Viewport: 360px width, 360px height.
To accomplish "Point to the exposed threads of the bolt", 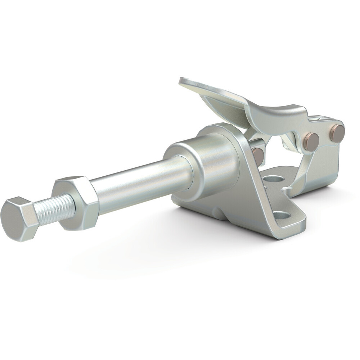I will coord(54,208).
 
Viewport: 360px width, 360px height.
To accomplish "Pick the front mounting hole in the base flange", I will coord(281,216).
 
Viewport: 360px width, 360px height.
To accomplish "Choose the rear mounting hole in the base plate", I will coord(273,179).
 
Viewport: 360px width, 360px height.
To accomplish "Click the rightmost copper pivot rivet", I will coord(337,134).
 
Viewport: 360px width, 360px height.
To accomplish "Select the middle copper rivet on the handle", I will coord(311,142).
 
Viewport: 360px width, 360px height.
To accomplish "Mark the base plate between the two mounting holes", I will coord(277,196).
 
